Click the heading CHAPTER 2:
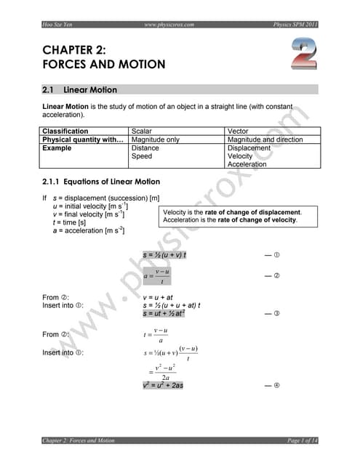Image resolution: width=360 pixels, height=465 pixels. (75, 50)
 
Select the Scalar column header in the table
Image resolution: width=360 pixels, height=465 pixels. (145, 132)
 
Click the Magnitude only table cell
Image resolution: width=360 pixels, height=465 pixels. (155, 139)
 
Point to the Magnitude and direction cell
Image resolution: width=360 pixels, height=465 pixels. (266, 139)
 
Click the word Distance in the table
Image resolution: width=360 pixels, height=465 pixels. (145, 147)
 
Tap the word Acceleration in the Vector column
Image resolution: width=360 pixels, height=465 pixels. (247, 164)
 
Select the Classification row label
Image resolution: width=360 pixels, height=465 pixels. (65, 132)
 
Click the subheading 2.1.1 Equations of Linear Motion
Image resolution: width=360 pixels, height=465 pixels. (101, 182)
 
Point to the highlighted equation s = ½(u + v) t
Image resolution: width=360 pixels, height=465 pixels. (165, 255)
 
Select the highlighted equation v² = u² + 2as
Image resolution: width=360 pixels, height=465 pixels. (164, 385)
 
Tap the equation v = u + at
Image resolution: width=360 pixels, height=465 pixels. (158, 297)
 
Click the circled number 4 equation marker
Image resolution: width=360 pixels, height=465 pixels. (276, 385)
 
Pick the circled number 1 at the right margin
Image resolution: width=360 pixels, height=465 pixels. (276, 256)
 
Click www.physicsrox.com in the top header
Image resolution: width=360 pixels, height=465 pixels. (169, 25)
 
